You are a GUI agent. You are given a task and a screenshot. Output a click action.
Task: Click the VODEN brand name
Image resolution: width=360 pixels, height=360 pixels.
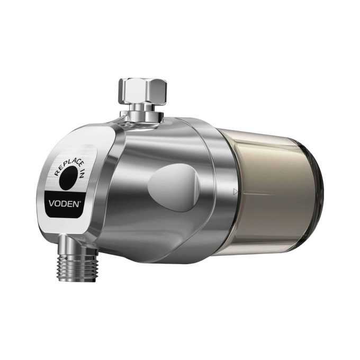click(64, 204)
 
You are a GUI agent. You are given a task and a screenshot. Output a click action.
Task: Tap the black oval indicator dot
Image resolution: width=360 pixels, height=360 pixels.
click(68, 178)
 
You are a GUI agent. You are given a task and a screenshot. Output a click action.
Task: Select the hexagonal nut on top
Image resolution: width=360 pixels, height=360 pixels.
click(142, 91)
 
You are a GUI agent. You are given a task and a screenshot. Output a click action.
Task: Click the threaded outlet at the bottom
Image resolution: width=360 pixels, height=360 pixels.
click(78, 268)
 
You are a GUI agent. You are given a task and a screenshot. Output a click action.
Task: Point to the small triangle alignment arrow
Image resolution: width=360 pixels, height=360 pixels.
click(235, 192)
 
